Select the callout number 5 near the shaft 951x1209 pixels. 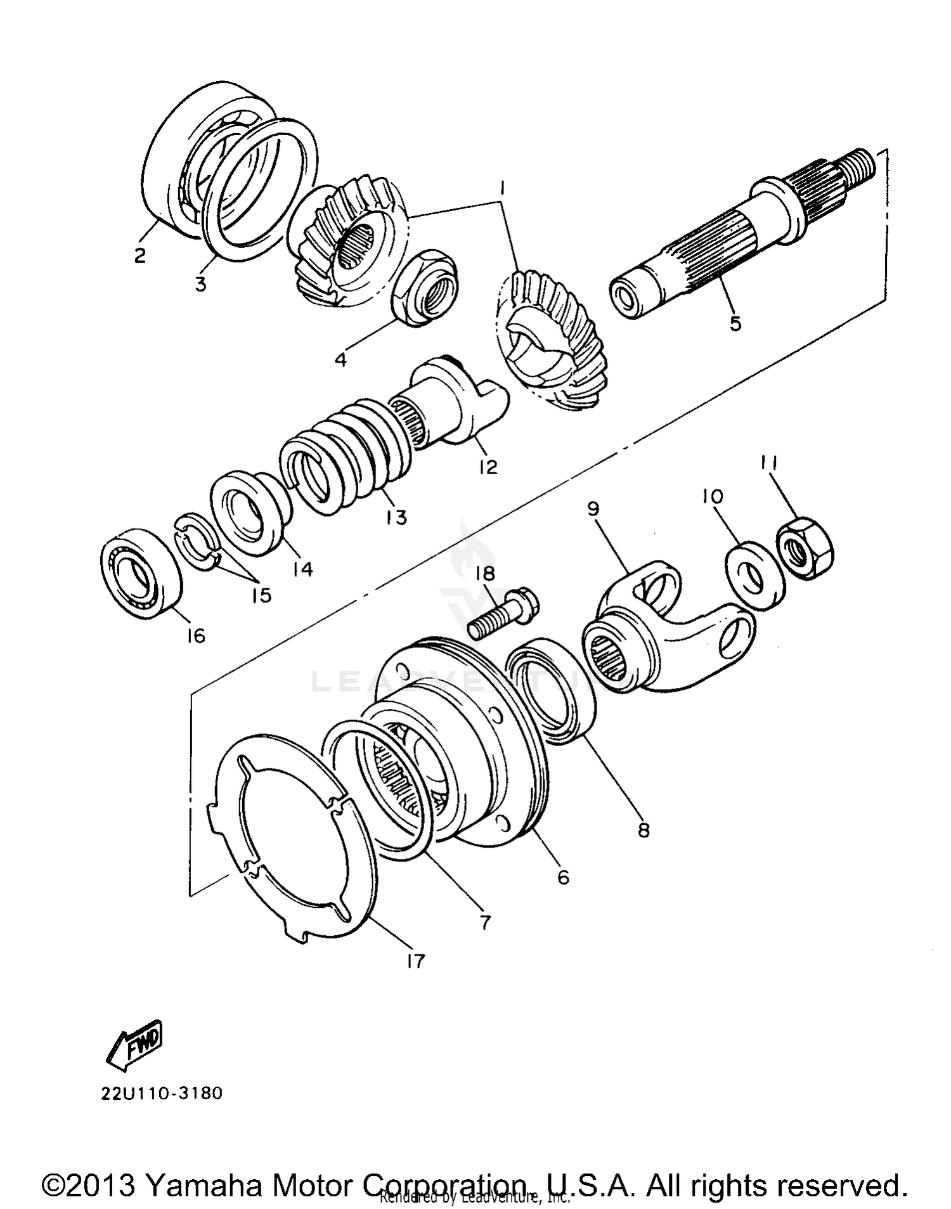point(735,323)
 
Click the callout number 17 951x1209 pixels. point(415,962)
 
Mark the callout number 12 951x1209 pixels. point(488,467)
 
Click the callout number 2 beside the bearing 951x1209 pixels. point(139,256)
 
